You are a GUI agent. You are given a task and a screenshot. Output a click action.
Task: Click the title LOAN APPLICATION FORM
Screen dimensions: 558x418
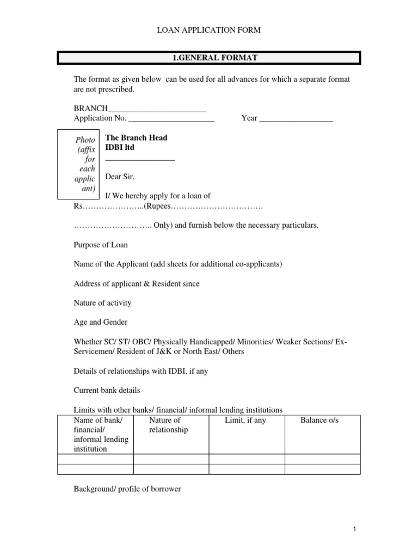(x=209, y=31)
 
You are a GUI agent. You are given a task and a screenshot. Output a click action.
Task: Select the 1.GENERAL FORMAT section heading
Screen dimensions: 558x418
(x=209, y=57)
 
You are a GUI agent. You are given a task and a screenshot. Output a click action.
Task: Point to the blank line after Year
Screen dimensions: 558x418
(x=296, y=118)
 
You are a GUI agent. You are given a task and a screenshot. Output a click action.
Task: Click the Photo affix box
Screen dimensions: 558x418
(x=78, y=163)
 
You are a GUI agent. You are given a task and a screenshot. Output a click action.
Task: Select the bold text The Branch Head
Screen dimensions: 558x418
(x=136, y=138)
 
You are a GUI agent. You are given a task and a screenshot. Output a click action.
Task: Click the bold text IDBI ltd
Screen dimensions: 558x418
(x=119, y=148)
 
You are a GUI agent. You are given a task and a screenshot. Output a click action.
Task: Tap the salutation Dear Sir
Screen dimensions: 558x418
(x=119, y=177)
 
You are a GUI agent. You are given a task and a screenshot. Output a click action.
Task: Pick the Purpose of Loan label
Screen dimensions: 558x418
(x=101, y=245)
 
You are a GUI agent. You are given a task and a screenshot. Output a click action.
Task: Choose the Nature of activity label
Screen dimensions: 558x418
(x=102, y=303)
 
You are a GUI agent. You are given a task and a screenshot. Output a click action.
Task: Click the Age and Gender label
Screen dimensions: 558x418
(x=101, y=322)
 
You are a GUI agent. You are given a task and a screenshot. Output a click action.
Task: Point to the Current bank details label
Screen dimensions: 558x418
(x=107, y=390)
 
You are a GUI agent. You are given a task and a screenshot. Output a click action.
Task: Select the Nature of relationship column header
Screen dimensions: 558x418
(x=168, y=425)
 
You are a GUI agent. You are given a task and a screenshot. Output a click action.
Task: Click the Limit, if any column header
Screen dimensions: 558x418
(x=245, y=421)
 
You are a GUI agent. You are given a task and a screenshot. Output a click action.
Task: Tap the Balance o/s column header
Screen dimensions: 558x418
(x=319, y=421)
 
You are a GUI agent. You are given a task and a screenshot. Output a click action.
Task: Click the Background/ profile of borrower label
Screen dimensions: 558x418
(x=127, y=489)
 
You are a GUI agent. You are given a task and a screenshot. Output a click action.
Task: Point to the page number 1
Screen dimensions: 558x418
(x=354, y=529)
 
